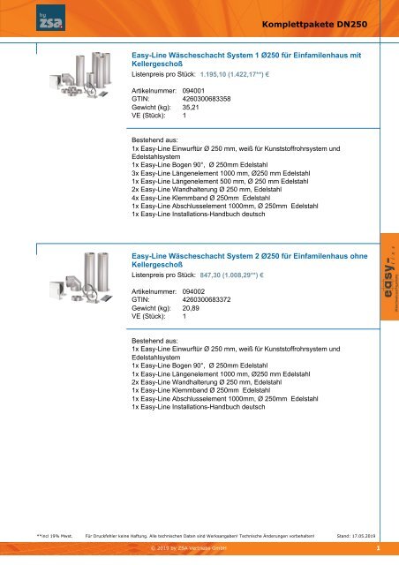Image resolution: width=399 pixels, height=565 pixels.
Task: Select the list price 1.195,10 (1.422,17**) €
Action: [235, 76]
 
